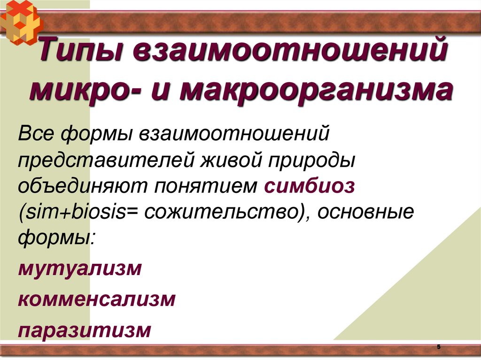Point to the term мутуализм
coord(80,269)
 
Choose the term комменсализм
coord(97,299)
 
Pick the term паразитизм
coord(85,329)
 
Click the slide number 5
coord(439,346)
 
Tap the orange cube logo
coord(21,21)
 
